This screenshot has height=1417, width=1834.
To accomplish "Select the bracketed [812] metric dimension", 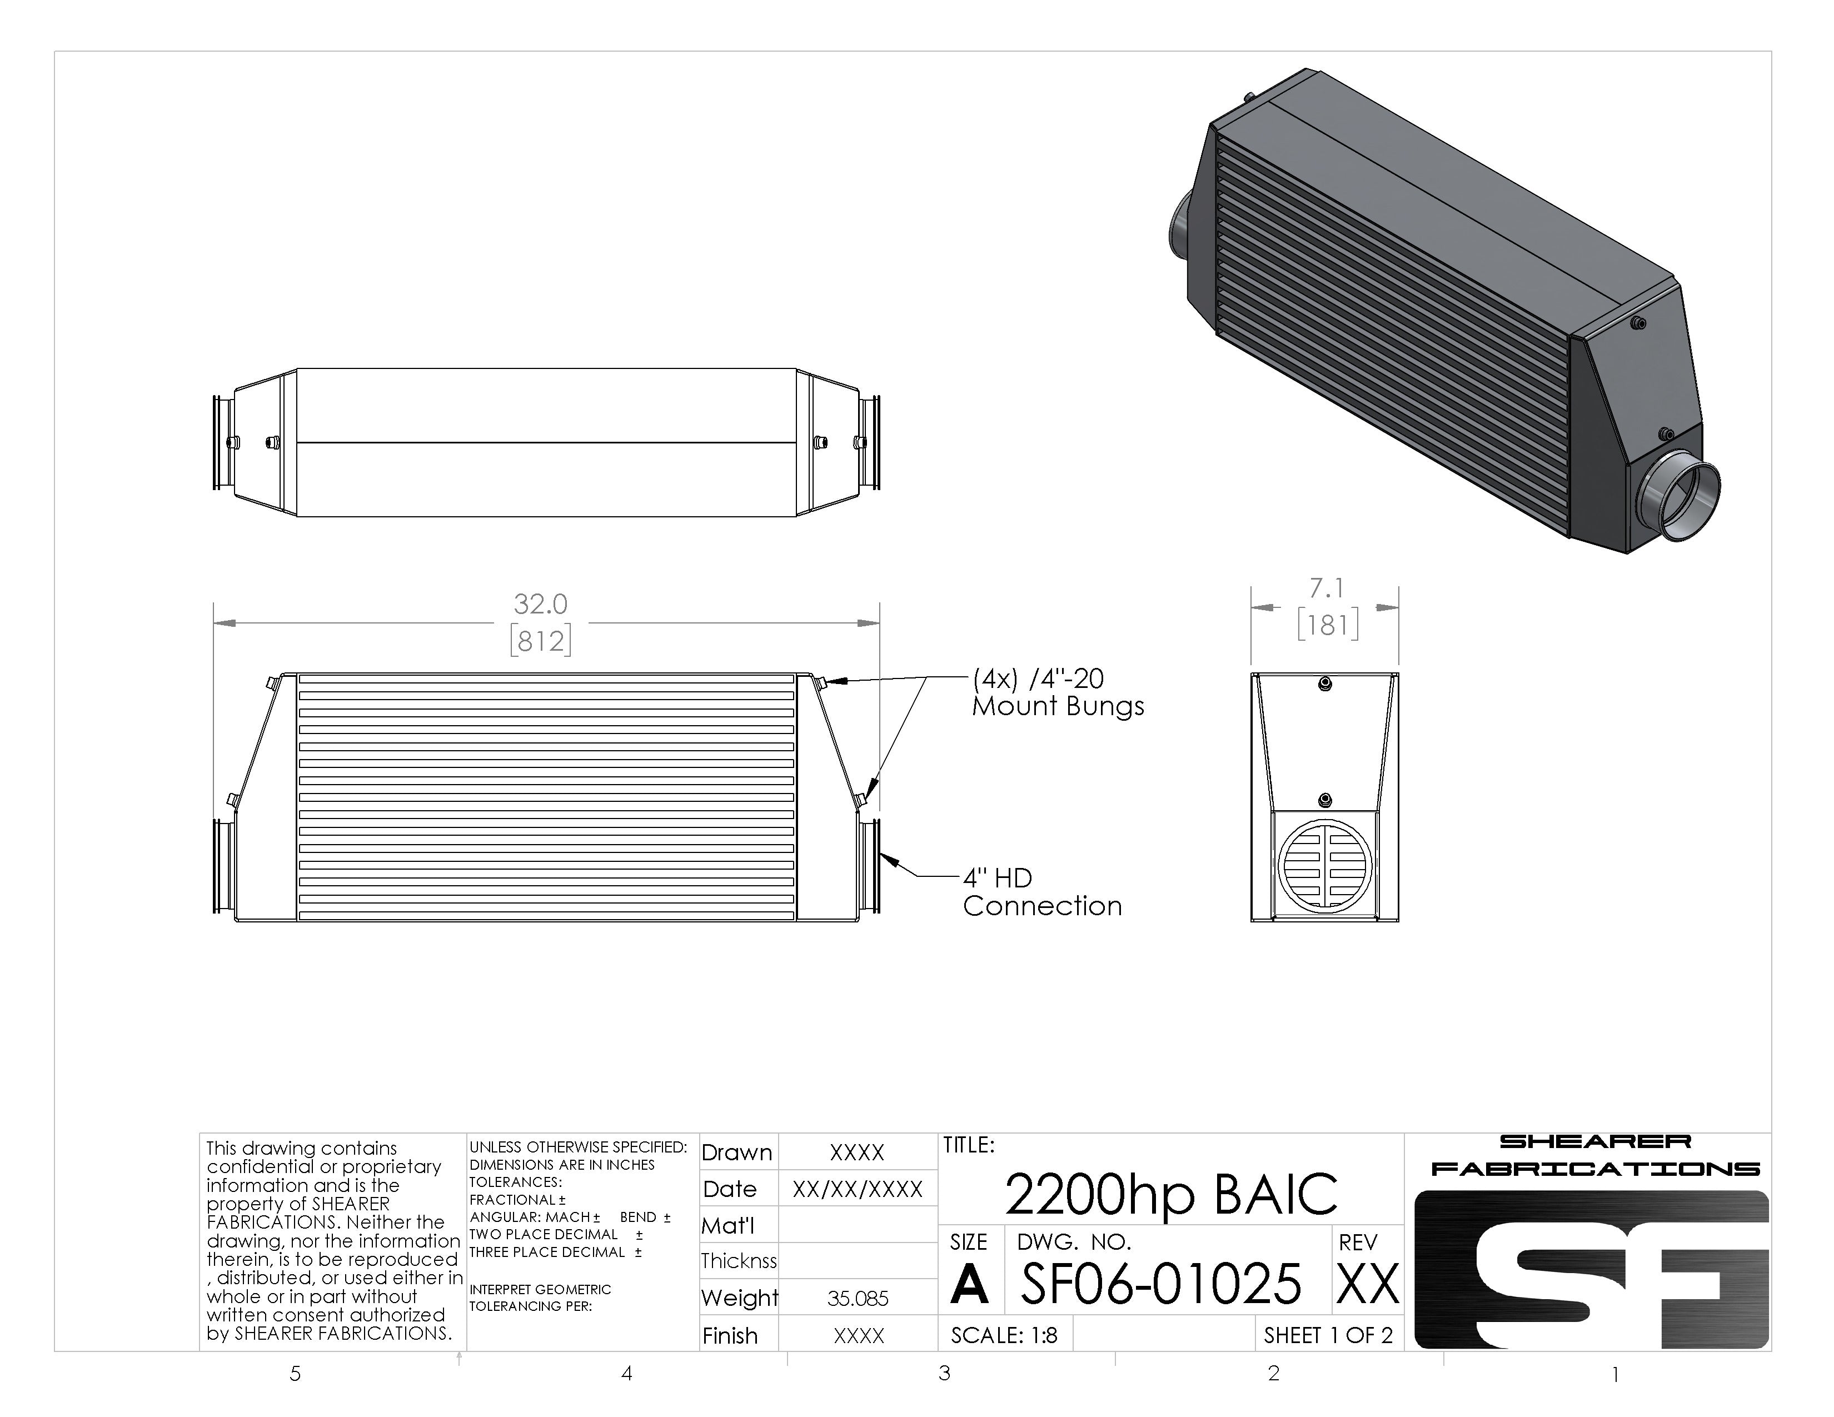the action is (x=541, y=641).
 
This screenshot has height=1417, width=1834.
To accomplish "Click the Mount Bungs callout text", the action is (x=1058, y=692).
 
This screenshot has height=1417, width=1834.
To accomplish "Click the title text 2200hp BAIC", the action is (x=1170, y=1194).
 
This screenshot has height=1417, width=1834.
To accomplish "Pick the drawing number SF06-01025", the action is (x=1160, y=1284).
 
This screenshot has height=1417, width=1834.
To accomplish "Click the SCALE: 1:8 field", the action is (x=1004, y=1335).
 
